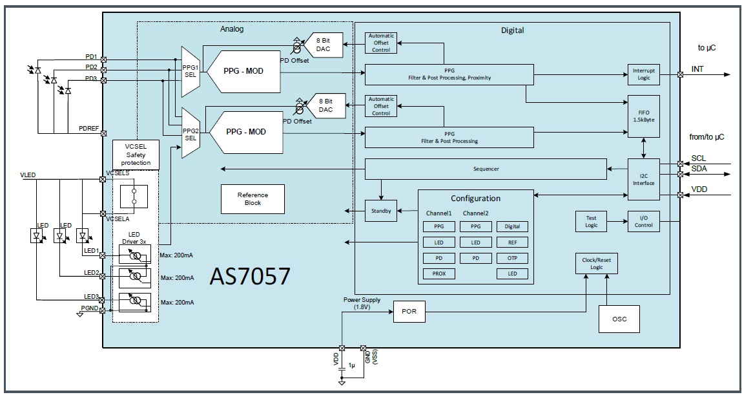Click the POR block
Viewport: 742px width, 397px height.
(x=409, y=312)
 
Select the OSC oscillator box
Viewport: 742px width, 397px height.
(x=618, y=319)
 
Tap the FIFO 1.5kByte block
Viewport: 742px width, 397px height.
(x=644, y=117)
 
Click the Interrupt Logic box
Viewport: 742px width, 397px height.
(x=644, y=74)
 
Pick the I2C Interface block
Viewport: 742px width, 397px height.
(x=644, y=179)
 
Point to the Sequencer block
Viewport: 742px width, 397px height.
(x=486, y=169)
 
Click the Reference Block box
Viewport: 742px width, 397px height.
(x=252, y=198)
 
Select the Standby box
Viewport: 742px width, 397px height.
(x=381, y=211)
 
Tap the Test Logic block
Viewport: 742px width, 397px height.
(x=591, y=221)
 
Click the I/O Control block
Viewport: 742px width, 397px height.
(x=644, y=221)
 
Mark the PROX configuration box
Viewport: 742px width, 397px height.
(x=438, y=274)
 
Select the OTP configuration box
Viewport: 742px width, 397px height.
(x=512, y=259)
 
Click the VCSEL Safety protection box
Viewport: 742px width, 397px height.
(x=136, y=155)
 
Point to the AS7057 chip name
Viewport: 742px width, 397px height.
(x=250, y=276)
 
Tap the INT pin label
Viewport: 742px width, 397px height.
(x=697, y=69)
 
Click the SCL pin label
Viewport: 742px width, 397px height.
(x=698, y=158)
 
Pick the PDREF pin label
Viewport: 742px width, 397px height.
(x=88, y=129)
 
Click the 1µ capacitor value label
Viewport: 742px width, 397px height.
(x=351, y=366)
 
